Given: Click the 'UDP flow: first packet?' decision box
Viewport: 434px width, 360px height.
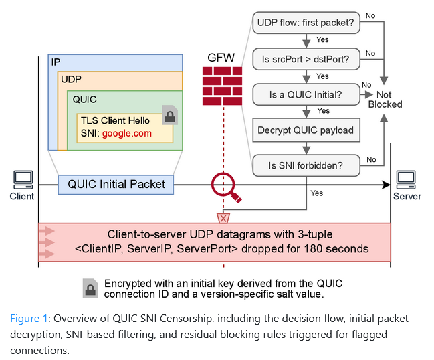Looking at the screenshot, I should (x=306, y=23).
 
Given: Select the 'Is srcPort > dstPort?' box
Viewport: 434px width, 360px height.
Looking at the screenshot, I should (x=306, y=59).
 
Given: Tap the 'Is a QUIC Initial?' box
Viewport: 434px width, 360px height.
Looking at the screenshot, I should (x=306, y=94).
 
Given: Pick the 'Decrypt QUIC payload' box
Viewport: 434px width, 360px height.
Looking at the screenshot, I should (x=306, y=130).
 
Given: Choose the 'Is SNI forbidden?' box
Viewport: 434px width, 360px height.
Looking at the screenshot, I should (x=306, y=165).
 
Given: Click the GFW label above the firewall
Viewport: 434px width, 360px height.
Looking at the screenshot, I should (x=221, y=58).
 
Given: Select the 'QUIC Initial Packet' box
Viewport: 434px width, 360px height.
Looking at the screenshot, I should (x=116, y=184).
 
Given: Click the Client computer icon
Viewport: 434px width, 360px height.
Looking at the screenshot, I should (x=23, y=179).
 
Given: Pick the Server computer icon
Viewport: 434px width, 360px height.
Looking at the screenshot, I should (x=406, y=179).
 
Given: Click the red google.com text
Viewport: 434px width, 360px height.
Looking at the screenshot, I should (x=127, y=133).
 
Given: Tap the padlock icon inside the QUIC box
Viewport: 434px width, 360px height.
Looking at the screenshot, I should (x=170, y=115).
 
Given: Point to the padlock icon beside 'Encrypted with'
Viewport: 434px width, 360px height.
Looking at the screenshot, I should (x=90, y=288).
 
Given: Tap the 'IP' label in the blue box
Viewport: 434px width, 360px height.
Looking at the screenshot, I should (x=56, y=62).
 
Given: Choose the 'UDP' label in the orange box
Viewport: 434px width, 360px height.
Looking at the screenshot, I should (x=72, y=80).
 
